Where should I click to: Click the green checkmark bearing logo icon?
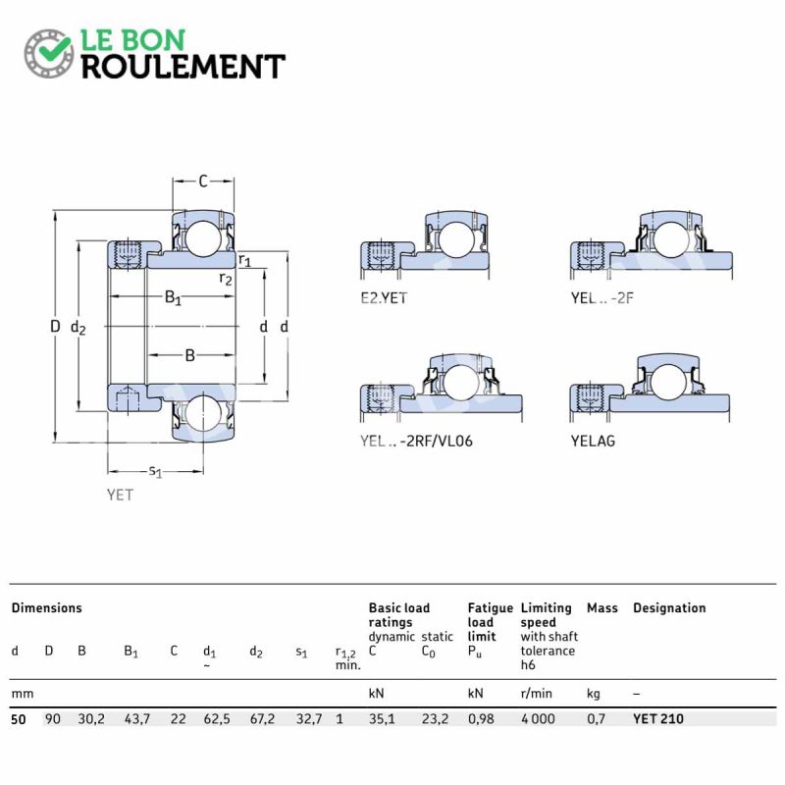[48, 53]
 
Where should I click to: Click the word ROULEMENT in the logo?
[183, 67]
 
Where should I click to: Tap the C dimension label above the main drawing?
[203, 181]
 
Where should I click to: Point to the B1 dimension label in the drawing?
[173, 298]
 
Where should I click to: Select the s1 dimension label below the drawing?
[156, 471]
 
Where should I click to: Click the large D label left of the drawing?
[55, 327]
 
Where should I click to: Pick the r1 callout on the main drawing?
[244, 260]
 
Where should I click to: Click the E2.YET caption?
[384, 298]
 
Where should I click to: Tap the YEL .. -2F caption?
[602, 298]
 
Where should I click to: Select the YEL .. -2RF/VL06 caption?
[416, 441]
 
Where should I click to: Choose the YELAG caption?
[593, 441]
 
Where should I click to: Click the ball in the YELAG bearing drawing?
[669, 382]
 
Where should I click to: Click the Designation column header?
[669, 607]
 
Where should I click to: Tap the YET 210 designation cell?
[657, 719]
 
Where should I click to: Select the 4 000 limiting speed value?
[538, 719]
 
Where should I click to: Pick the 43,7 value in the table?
[137, 719]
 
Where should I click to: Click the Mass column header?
[602, 607]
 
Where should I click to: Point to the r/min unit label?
[536, 694]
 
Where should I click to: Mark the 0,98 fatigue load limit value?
[481, 719]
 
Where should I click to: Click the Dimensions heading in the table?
[46, 607]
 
